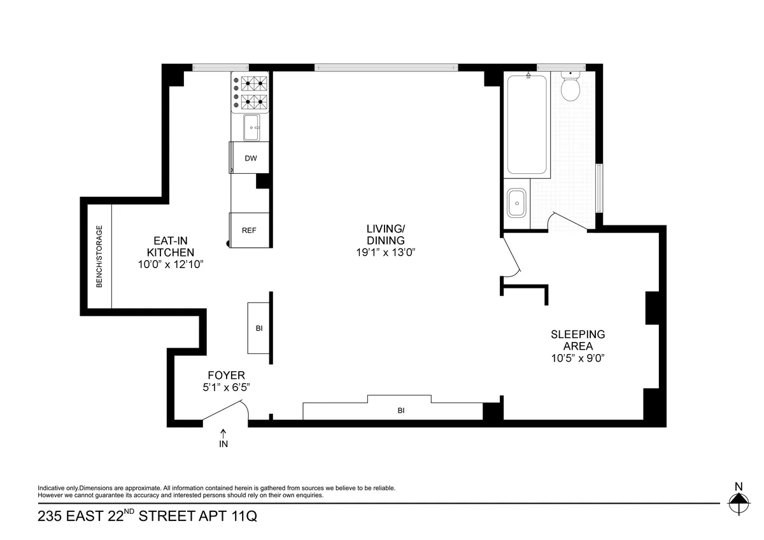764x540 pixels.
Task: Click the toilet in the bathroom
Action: (x=570, y=89)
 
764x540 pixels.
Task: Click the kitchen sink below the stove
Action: (x=252, y=128)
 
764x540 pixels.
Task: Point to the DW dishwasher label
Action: (x=251, y=158)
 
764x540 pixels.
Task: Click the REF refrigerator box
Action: (x=249, y=230)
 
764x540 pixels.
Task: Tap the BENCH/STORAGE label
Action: (x=99, y=257)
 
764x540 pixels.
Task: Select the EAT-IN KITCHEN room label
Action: (x=169, y=246)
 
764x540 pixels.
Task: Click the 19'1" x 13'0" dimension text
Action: (x=385, y=252)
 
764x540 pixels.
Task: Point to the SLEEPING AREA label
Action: (x=577, y=340)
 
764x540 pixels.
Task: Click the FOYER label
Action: (x=226, y=376)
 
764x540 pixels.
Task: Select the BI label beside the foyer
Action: (x=259, y=329)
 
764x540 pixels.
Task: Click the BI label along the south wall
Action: (x=401, y=411)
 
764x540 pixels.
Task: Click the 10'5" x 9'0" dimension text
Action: (x=577, y=358)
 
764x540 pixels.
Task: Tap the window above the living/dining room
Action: (x=386, y=67)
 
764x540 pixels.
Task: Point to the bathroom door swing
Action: (x=569, y=221)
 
